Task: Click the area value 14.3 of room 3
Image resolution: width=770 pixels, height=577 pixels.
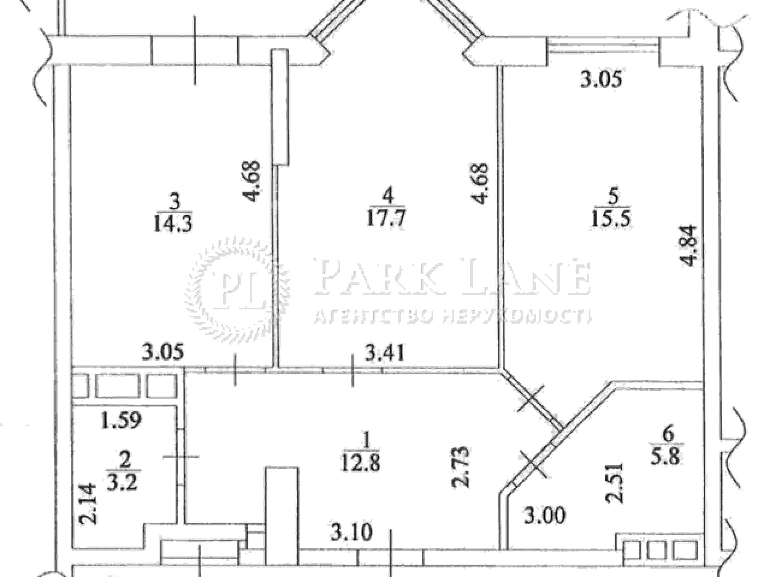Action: point(173,225)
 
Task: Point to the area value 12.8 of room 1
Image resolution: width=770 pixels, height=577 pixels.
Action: point(361,462)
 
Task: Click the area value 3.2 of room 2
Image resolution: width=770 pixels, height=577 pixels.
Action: point(123,482)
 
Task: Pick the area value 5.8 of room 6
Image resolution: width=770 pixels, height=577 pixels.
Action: point(667,457)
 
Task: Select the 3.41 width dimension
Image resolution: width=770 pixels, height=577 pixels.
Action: point(385,353)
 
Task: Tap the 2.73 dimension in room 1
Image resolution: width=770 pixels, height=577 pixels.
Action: point(460,467)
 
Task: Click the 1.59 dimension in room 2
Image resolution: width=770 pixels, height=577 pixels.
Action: point(121,420)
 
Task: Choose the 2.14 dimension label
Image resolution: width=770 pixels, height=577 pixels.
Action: point(88,504)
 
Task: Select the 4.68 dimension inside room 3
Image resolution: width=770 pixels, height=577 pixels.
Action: point(250,181)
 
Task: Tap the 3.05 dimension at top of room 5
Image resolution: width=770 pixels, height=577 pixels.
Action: point(601,80)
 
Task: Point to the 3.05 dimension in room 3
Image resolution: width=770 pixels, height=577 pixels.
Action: point(163,352)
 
